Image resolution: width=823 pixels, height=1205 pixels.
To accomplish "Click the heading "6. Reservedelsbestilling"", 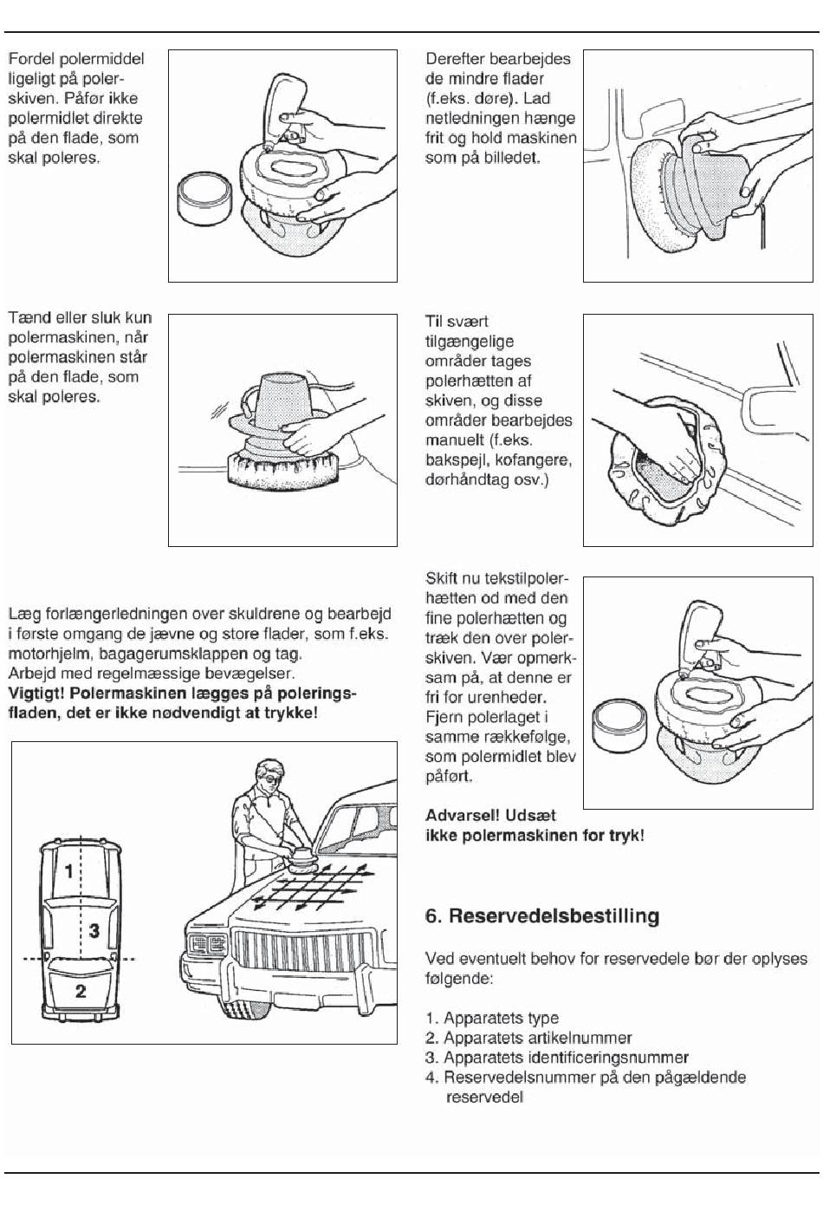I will point(542,916).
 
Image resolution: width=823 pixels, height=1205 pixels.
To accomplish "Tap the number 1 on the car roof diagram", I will point(70,870).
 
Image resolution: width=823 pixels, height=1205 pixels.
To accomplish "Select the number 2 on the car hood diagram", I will point(81,991).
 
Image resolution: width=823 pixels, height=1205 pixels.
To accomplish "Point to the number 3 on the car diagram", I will point(94,931).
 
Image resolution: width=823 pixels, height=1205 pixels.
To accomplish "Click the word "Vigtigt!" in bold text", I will point(36,694).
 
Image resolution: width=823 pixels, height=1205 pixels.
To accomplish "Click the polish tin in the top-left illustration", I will point(204,199).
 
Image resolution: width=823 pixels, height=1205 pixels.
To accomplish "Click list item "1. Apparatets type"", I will point(492,1018).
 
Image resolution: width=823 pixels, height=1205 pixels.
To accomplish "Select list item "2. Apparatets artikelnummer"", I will point(528,1038).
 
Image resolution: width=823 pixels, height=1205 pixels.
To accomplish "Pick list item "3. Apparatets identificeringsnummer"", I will point(557,1058).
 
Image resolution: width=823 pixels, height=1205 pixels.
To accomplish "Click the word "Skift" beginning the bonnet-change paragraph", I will point(442,578).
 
